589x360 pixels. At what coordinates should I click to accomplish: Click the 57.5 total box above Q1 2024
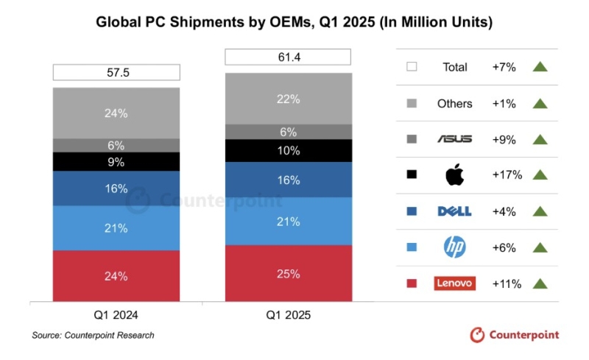(x=116, y=72)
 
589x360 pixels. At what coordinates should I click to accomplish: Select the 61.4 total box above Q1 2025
(x=289, y=57)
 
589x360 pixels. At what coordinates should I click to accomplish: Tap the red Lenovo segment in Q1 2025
(x=289, y=274)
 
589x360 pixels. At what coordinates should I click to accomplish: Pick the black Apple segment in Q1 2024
(x=116, y=162)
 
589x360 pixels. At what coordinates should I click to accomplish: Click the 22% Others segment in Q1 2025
(x=289, y=99)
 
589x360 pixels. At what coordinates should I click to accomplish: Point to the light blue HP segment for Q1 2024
(x=116, y=228)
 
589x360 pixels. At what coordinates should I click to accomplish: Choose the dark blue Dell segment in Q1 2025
(x=289, y=180)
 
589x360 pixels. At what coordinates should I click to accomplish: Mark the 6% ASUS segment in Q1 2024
(x=116, y=145)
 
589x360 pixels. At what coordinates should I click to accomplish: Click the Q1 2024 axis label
(x=116, y=315)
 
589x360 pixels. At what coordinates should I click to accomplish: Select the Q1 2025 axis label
(x=289, y=315)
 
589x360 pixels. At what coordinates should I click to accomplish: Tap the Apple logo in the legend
(x=454, y=175)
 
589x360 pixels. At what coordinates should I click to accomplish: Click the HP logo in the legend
(x=454, y=247)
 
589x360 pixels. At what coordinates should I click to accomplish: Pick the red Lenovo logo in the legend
(x=455, y=283)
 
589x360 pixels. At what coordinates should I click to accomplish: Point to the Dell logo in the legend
(x=454, y=211)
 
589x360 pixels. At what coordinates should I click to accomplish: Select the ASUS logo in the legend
(x=454, y=139)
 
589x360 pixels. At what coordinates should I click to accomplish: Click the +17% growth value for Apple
(x=507, y=175)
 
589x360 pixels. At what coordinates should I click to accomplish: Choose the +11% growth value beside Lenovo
(x=507, y=283)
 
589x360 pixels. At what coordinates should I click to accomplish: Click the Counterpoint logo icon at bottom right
(x=478, y=335)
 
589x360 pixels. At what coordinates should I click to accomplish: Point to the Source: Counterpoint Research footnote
(x=93, y=336)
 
